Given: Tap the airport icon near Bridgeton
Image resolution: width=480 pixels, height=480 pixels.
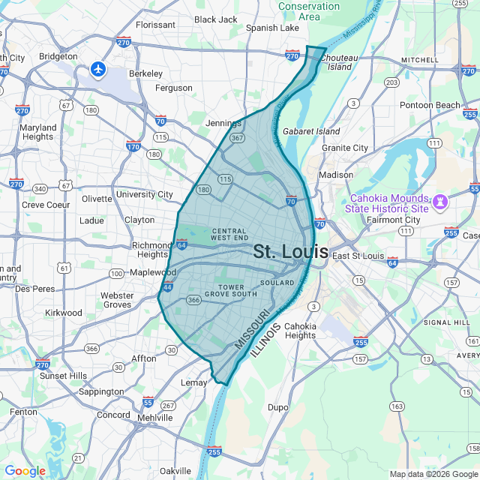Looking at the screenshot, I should pos(97,69).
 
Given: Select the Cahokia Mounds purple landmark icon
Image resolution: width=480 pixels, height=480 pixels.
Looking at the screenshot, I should pos(440,201).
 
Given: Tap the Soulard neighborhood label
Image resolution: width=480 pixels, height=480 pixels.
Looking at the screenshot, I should pos(277,283).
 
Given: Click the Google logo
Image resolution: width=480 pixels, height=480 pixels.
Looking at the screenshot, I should pos(25,470).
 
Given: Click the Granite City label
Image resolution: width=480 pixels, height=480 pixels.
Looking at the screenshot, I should pos(345,148).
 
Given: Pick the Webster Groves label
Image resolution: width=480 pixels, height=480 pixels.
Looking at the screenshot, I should pos(117,300).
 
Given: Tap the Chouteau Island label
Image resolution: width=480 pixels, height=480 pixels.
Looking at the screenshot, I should pos(340,61).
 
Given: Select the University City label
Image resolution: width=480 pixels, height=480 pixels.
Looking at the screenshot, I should pos(145,194).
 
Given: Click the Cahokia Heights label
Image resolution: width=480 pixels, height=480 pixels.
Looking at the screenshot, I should pos(300,331).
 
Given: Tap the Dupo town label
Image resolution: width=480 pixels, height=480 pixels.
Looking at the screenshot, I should pos(278,408).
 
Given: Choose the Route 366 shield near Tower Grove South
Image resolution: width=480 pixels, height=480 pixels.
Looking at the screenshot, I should pos(193,300).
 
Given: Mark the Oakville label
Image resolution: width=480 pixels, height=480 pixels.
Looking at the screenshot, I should pos(175,470).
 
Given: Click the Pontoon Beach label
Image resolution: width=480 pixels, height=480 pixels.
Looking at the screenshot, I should pos(430,105).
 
